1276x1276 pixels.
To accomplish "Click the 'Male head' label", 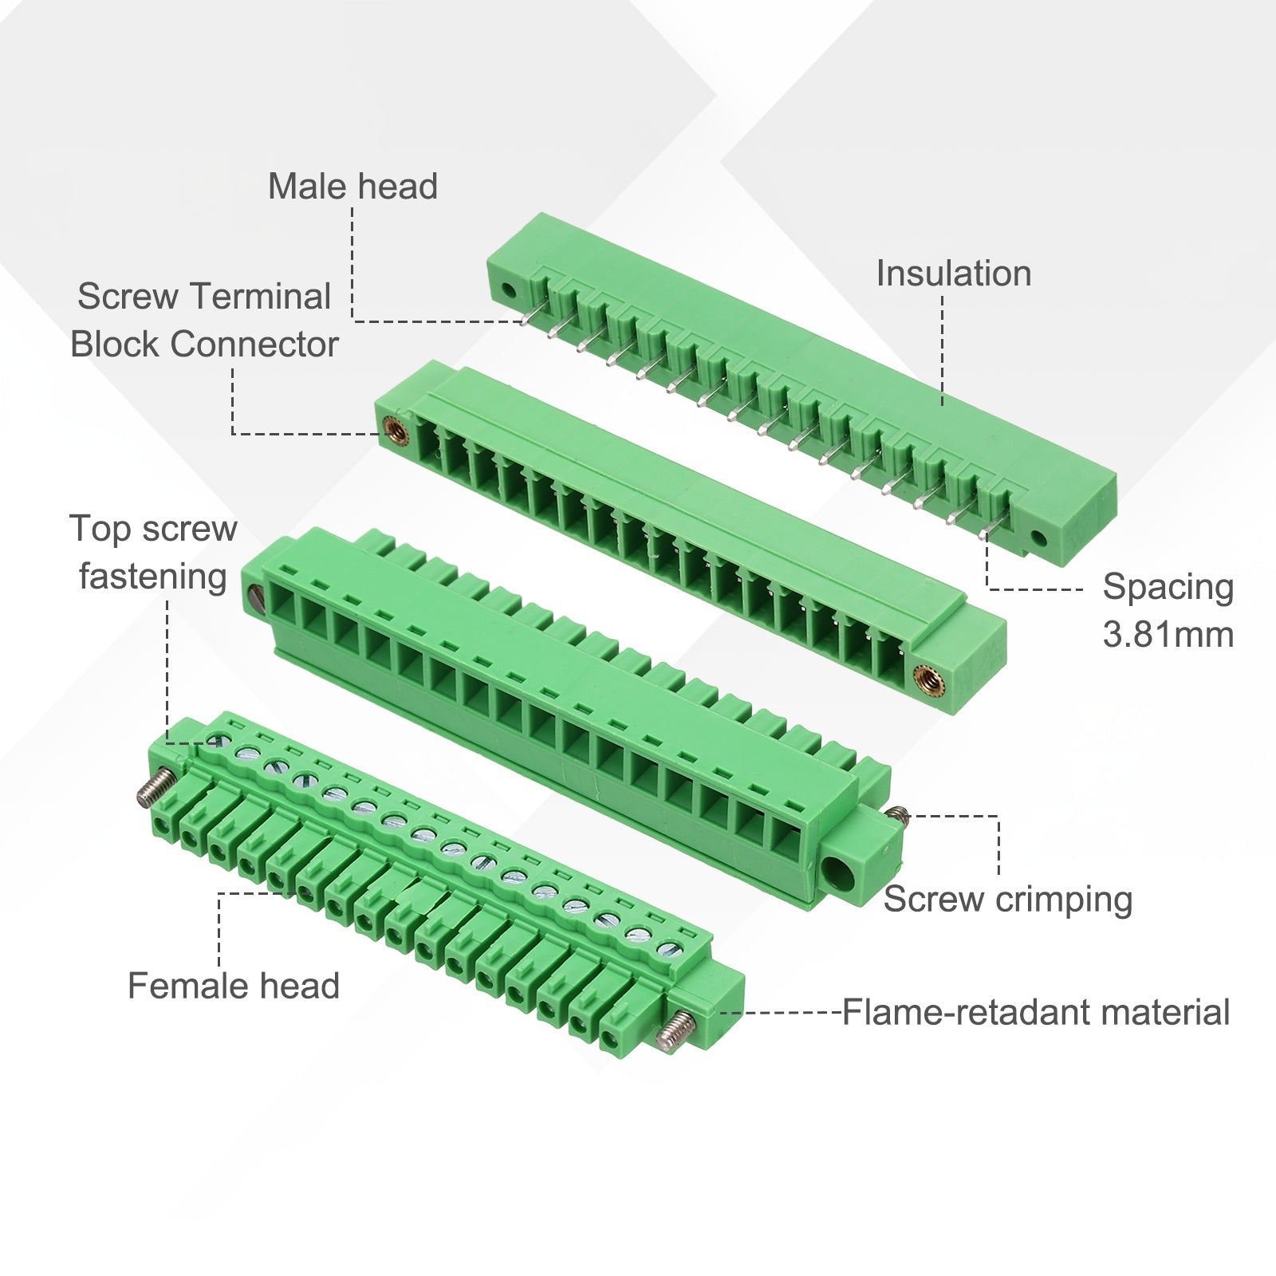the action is point(352,187).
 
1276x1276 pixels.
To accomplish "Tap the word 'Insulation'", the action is point(954,274).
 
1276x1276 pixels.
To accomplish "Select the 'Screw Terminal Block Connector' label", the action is point(204,321).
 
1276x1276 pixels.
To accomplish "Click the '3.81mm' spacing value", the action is point(1168,635).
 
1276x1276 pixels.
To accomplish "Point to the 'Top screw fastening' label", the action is point(153,553).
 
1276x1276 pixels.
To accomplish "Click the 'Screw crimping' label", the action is point(1008,900).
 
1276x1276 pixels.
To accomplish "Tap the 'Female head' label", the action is point(234,987).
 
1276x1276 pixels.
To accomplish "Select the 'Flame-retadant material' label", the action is point(1036,1013).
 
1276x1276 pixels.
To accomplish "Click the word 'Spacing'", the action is point(1168,588).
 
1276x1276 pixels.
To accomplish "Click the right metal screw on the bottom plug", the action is point(675,1030).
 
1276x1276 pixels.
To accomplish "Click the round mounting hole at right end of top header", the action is point(1038,538).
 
